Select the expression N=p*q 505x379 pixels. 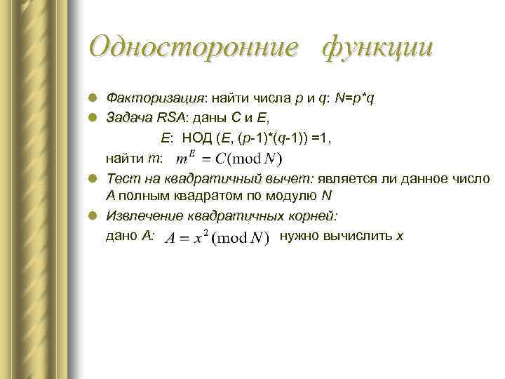coord(354,98)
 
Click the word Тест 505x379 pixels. coord(120,179)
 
